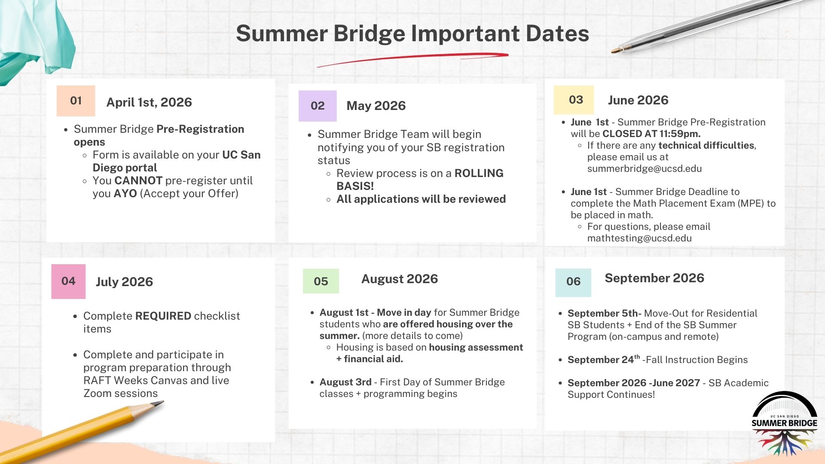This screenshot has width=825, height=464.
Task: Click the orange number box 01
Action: click(x=76, y=101)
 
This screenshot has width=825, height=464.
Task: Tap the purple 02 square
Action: click(x=318, y=106)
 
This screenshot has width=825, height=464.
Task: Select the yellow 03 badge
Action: click(x=574, y=100)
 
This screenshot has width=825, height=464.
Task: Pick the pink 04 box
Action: click(x=68, y=281)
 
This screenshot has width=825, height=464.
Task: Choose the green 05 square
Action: click(x=321, y=281)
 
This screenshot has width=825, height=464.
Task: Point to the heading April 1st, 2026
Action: click(x=149, y=102)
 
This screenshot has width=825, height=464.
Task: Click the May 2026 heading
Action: click(x=376, y=106)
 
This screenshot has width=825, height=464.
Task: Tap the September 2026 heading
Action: click(x=654, y=278)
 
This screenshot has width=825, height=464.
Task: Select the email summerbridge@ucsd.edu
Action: click(x=645, y=168)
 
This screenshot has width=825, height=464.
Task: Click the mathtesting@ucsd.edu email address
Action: click(x=639, y=238)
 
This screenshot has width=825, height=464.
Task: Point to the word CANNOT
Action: click(x=138, y=180)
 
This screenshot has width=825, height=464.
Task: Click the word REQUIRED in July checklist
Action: click(x=163, y=316)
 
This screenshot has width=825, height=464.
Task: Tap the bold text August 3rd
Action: click(x=345, y=382)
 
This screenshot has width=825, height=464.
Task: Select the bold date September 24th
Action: click(x=604, y=359)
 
